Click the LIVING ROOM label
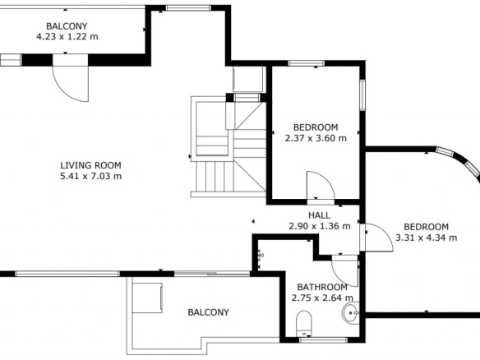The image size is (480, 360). pos(90,165)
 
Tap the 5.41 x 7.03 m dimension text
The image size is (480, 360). pos(91,177)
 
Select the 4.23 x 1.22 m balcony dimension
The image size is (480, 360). pos(67,37)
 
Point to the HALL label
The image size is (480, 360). pos(319,215)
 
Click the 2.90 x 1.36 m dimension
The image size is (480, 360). pos(320,226)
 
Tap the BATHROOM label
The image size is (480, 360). pos(322,287)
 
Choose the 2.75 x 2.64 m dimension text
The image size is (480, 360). pos(322,298)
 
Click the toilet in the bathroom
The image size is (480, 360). pos(304,324)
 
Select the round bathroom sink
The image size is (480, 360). pos(350,312)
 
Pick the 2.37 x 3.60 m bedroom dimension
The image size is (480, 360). pos(316,138)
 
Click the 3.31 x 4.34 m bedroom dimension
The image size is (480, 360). pos(427,238)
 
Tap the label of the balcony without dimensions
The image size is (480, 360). pos(208,312)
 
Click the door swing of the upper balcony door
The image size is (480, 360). pos(65,90)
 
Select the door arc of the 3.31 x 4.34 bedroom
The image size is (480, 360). pos(385,232)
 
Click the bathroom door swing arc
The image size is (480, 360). pos(339,278)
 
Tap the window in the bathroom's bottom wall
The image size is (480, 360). pos(324,339)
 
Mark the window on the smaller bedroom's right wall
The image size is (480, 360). pos(362,95)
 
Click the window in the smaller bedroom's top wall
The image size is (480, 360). pos(306,63)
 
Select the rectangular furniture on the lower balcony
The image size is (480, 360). pos(147,298)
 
